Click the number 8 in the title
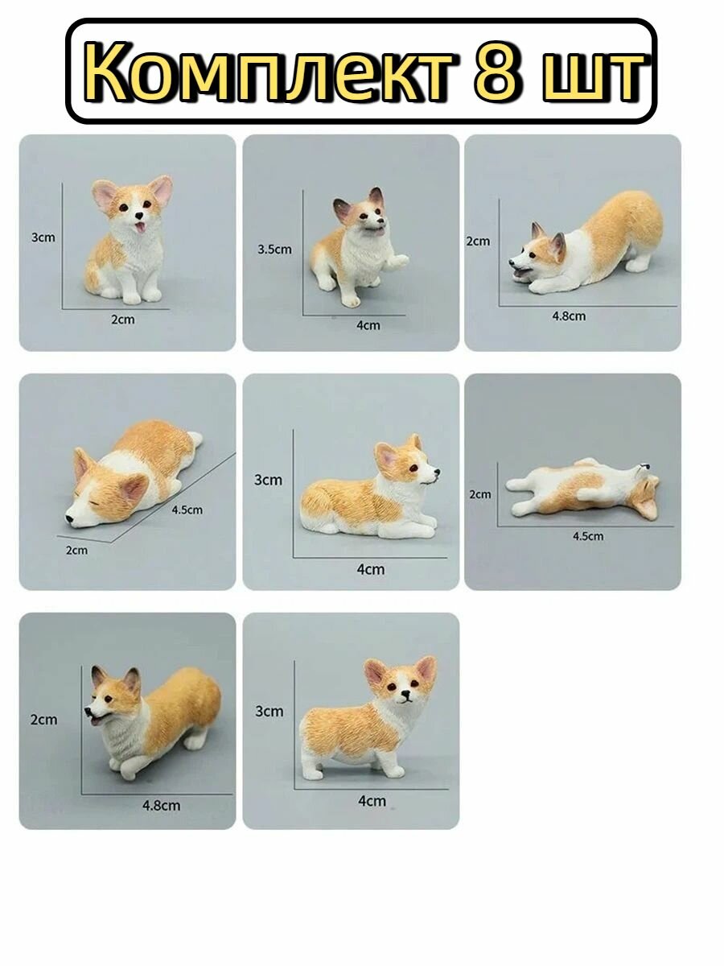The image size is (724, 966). tap(498, 74)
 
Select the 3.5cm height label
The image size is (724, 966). tap(274, 250)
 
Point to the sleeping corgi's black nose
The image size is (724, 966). tap(70, 520)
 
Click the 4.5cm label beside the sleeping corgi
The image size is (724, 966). tap(187, 509)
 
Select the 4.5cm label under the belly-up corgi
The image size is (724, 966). tap(588, 535)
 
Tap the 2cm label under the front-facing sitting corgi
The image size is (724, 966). tap(123, 320)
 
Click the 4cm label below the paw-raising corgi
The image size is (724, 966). tap(368, 325)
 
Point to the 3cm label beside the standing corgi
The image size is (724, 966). tap(269, 711)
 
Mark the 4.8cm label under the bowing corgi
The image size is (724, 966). tap(569, 316)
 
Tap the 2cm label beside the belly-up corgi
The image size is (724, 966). tap(479, 493)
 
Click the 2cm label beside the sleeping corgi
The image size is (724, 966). tap(76, 550)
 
